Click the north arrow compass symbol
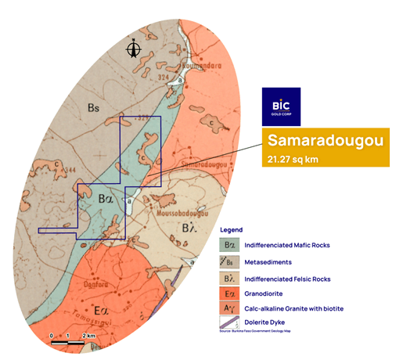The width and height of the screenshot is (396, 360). [135, 49]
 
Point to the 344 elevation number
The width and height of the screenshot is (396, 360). [70, 168]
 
